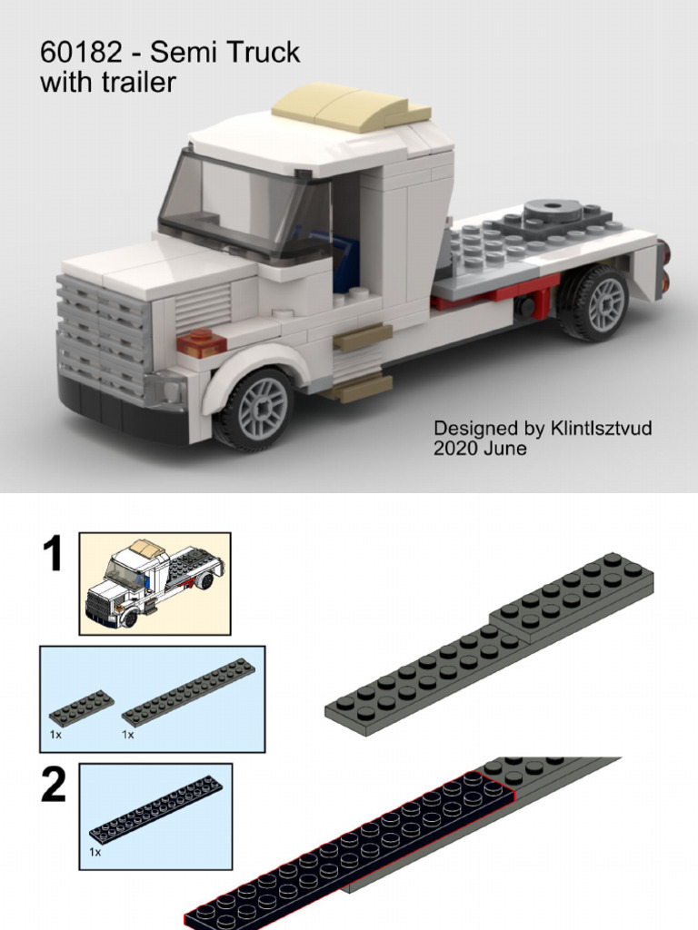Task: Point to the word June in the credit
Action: point(505,449)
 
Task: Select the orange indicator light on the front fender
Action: point(201,342)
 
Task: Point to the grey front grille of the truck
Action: point(101,336)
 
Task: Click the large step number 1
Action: point(53,553)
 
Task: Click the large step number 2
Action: point(53,787)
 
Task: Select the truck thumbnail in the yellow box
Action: point(155,583)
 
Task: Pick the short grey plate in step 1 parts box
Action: point(83,706)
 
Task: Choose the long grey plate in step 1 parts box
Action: point(189,691)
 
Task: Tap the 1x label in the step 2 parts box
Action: point(95,853)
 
